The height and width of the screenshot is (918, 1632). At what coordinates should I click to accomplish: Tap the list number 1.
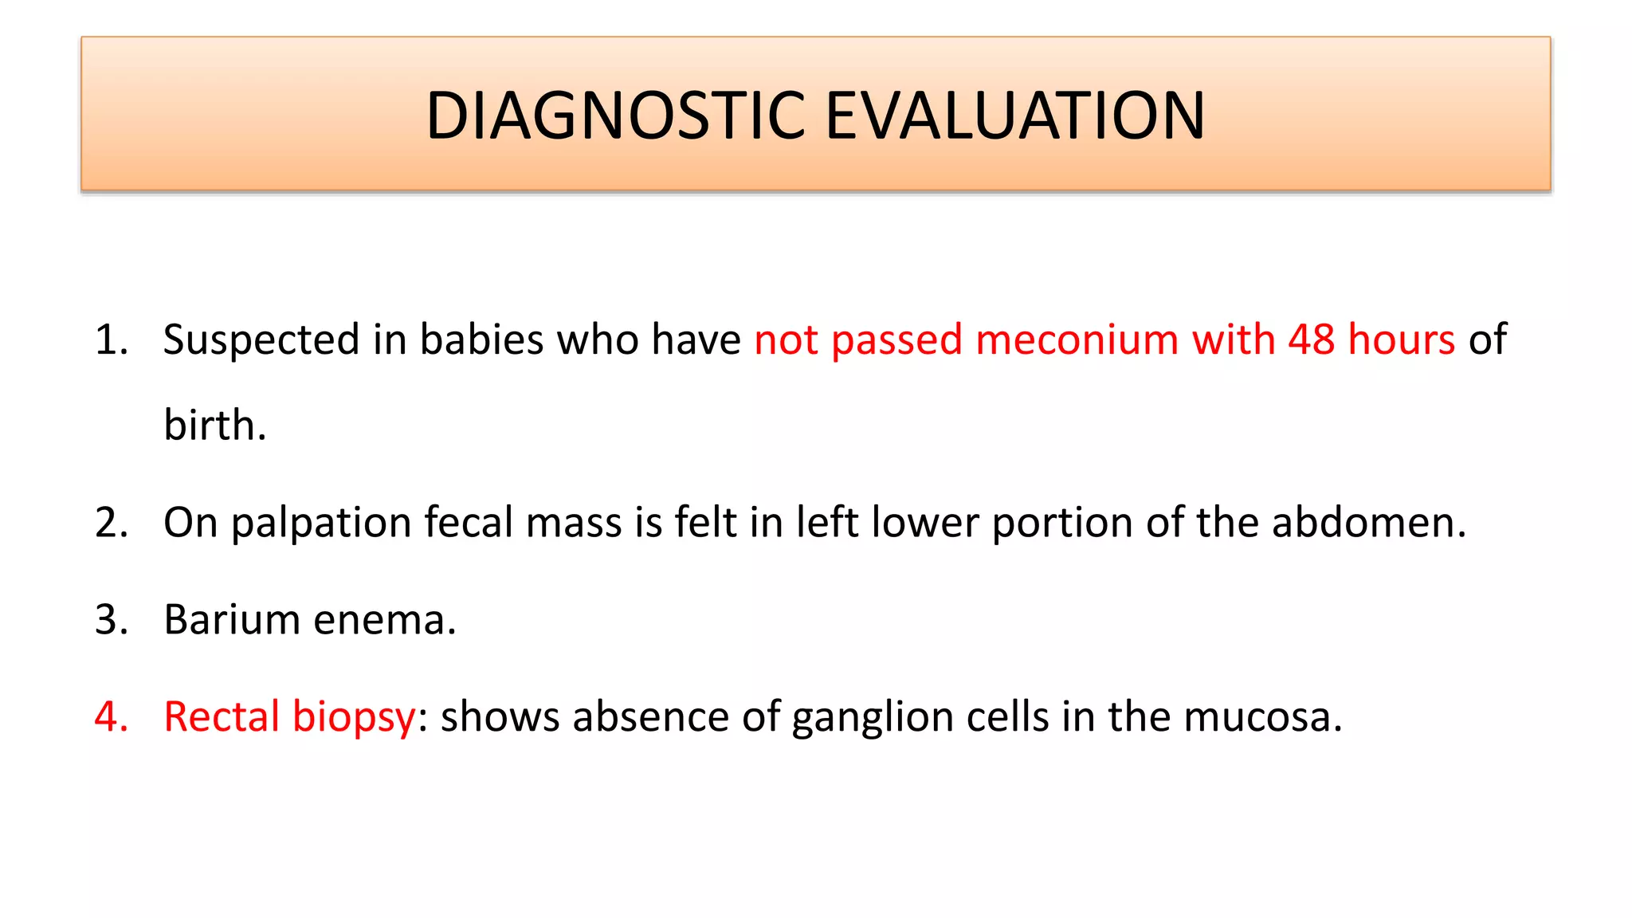tap(111, 339)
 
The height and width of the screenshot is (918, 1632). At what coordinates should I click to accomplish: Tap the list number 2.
tap(111, 523)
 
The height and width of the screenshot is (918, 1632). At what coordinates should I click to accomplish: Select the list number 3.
tap(111, 619)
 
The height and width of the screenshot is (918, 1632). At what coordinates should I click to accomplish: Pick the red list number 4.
tap(111, 716)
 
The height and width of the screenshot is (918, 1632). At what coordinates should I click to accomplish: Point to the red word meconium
tap(1077, 339)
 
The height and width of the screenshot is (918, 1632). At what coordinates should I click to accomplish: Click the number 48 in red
tap(1311, 339)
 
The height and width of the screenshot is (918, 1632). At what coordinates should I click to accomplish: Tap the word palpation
tap(320, 524)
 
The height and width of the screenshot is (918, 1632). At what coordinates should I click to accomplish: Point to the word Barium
tap(231, 619)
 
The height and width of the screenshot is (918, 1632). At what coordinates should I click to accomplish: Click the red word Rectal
tap(221, 716)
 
